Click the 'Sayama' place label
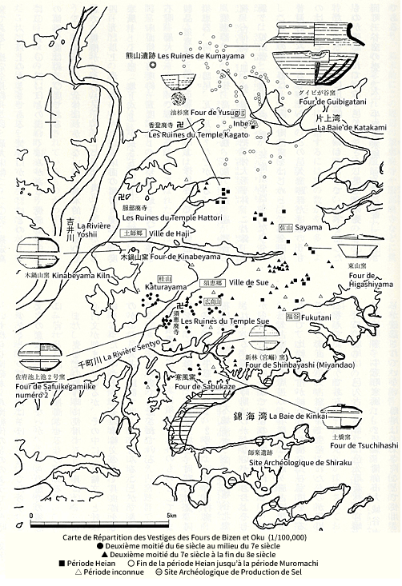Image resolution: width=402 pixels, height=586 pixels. click(x=309, y=227)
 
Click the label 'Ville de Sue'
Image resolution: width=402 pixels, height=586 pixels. click(x=249, y=283)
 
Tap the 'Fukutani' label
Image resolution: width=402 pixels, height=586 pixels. click(x=317, y=317)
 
